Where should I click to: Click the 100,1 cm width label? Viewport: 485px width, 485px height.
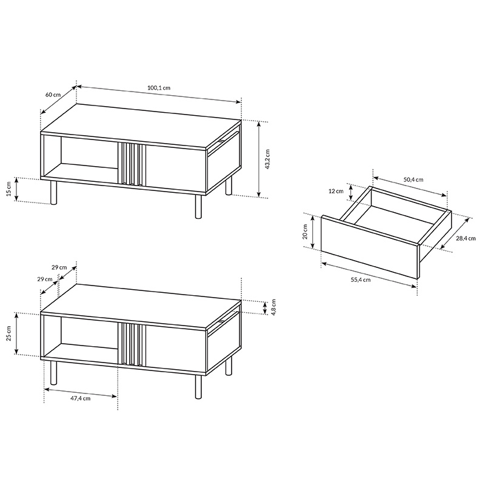tap(159, 87)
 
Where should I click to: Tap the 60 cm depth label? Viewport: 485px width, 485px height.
tap(53, 94)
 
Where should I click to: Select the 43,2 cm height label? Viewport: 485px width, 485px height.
tap(267, 159)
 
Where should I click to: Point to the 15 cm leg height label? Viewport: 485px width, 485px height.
tap(8, 189)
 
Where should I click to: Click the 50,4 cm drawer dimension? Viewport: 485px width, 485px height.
tap(413, 179)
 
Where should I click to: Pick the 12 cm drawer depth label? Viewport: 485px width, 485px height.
tap(336, 191)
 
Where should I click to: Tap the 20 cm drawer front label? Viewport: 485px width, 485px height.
tap(305, 232)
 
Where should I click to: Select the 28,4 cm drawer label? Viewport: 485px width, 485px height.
tap(466, 238)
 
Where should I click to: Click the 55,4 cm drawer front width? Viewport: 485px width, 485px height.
tap(361, 279)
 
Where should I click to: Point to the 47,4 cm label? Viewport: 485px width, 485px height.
tap(81, 398)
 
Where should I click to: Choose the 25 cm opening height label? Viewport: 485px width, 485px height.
tap(8, 333)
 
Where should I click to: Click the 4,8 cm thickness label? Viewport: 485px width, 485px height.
tap(273, 307)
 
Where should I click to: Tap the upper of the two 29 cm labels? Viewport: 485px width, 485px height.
tap(59, 267)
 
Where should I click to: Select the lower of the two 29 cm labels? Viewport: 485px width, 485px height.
tap(45, 279)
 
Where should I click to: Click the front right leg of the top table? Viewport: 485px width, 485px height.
tap(198, 207)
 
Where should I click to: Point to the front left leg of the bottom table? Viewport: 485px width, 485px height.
tap(54, 372)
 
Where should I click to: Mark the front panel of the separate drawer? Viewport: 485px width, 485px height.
tap(370, 247)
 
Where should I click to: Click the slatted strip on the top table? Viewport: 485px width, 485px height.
tap(132, 164)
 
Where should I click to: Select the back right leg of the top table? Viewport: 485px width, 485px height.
tap(229, 186)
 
